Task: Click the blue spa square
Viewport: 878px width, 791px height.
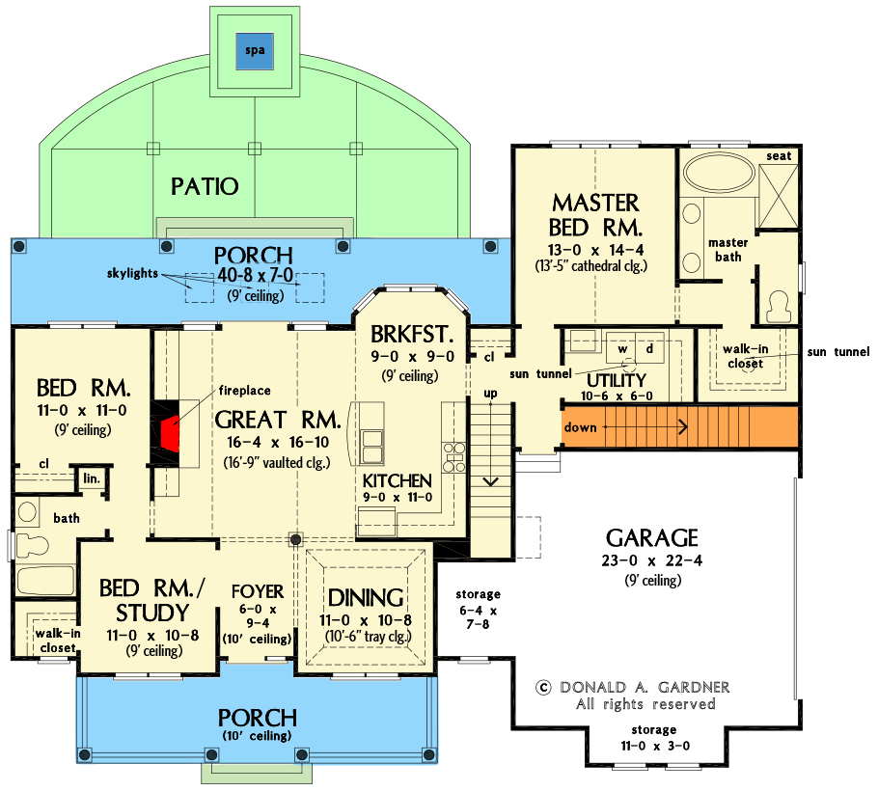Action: pyautogui.click(x=254, y=49)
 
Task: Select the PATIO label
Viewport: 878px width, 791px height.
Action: pyautogui.click(x=205, y=185)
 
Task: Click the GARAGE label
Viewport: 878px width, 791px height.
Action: pyautogui.click(x=652, y=538)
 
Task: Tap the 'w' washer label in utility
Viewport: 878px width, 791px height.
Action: pyautogui.click(x=622, y=347)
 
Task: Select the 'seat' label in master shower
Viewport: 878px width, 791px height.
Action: pyautogui.click(x=779, y=156)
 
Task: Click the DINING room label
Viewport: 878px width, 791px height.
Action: pyautogui.click(x=365, y=597)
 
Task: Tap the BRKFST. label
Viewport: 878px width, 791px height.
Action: pyautogui.click(x=411, y=335)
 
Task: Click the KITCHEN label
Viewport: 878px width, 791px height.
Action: pyautogui.click(x=397, y=480)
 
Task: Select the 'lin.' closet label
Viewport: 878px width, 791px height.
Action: pyautogui.click(x=92, y=479)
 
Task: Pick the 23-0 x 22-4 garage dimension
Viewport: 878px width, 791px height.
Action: pyautogui.click(x=652, y=560)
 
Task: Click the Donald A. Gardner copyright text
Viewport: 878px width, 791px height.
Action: pyautogui.click(x=633, y=687)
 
